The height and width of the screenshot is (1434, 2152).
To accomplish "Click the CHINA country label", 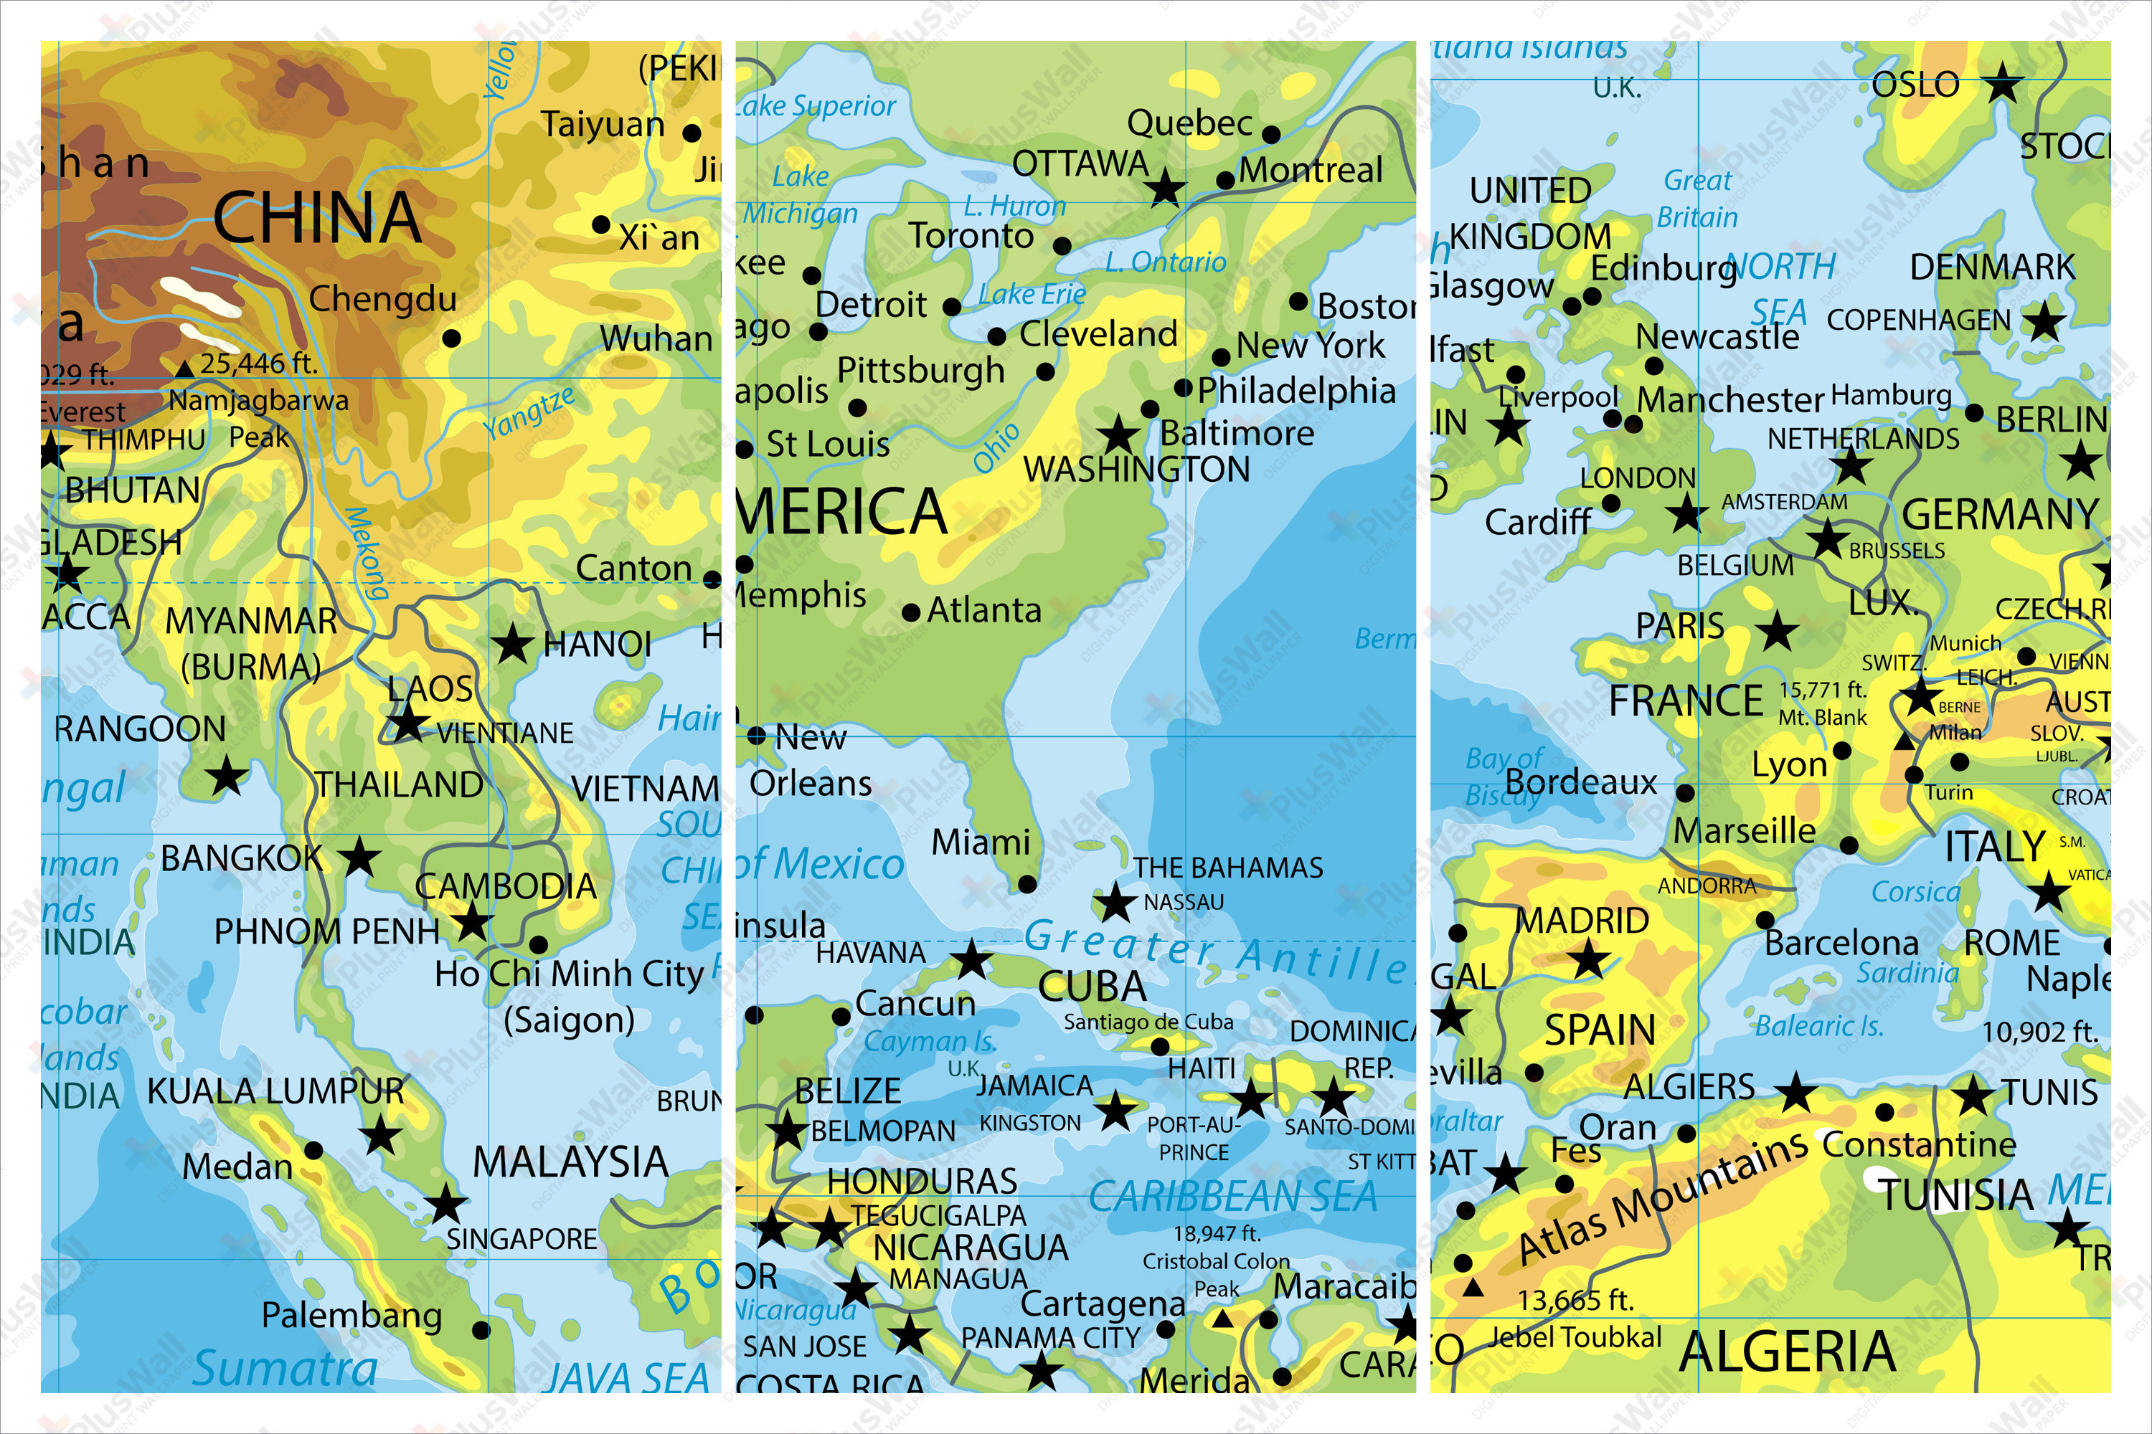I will [318, 218].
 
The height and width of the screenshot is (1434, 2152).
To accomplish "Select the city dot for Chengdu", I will [451, 338].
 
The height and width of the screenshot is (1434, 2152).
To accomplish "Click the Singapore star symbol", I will [445, 1205].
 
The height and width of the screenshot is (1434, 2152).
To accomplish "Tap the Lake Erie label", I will [1032, 295].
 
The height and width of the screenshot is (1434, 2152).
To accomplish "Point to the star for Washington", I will [1118, 435].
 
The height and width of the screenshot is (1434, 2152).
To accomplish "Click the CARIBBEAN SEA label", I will [1232, 1196].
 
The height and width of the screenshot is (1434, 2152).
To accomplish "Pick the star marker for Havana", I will [972, 960].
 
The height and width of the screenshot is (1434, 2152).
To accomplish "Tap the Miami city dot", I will [1027, 884].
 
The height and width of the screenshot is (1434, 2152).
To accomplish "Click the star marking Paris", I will [1777, 631].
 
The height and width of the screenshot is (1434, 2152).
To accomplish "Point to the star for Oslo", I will [2002, 84].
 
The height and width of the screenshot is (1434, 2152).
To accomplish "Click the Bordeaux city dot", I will [1685, 793].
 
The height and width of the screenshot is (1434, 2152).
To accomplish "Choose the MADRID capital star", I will [1588, 960].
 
